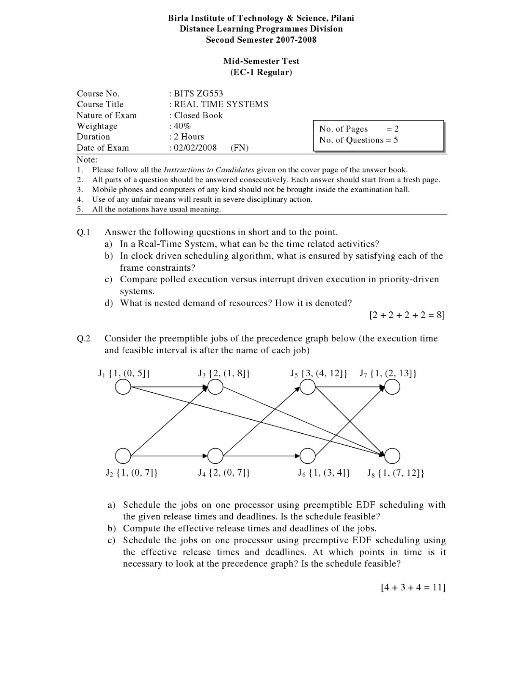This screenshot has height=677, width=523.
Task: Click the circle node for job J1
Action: (123, 387)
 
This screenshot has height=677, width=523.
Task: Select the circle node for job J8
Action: (392, 456)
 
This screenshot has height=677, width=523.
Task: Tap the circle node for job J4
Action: (215, 456)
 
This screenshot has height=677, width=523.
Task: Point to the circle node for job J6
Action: (308, 456)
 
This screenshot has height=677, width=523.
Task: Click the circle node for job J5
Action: (308, 387)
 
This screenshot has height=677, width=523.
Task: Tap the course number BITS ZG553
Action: (198, 94)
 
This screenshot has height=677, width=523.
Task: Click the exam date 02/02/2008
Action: (195, 148)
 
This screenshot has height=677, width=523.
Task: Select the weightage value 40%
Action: (182, 126)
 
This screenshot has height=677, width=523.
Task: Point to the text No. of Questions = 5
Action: (358, 140)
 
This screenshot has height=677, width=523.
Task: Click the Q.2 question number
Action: (84, 338)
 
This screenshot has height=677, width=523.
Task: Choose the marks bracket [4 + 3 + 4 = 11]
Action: (413, 587)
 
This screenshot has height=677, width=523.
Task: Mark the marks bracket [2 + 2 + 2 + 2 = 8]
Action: (407, 315)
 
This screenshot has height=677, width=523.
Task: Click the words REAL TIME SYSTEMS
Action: (221, 105)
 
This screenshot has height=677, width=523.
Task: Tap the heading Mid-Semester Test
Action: (261, 61)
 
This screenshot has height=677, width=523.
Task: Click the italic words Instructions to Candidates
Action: (209, 170)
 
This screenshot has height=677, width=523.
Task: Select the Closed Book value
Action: (198, 116)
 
